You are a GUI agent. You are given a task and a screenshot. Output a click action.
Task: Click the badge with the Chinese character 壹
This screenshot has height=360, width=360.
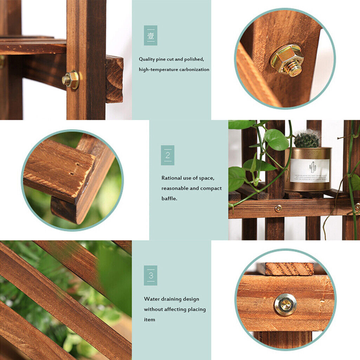pos(150,35)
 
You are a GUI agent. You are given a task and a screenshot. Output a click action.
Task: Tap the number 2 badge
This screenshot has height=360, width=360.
pos(168,155)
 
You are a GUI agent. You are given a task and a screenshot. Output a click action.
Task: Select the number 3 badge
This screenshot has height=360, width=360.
pos(150,275)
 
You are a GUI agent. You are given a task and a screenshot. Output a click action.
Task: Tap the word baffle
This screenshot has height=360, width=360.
pos(169,198)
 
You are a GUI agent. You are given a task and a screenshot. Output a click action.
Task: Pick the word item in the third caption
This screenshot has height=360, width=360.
pos(149,320)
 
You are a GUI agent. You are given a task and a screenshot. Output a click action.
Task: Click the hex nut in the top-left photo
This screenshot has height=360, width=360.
pos(71,80)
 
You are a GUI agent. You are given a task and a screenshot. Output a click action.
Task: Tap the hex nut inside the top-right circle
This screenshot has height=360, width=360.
pos(287,60)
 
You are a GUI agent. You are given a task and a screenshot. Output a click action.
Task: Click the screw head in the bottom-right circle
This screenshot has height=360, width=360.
pos(285,304)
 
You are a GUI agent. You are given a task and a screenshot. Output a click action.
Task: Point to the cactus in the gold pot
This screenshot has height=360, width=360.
pos(307,139)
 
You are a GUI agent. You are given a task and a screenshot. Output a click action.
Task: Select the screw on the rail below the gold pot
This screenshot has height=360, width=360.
pos(278,208)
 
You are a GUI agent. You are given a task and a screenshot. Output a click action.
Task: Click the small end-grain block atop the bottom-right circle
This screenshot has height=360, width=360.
pos(289,269)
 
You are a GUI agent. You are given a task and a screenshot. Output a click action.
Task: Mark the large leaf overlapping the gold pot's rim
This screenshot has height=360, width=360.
pos(276,140)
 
